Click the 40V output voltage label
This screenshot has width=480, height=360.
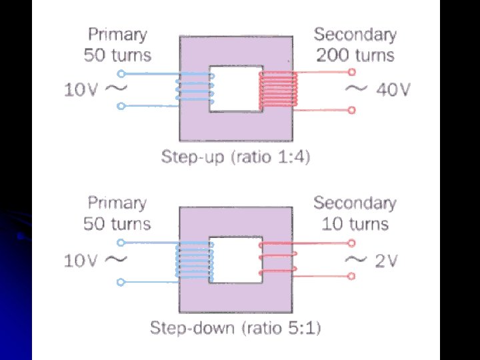[x=393, y=89]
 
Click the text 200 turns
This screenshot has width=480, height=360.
[x=355, y=55]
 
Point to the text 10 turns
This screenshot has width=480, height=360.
[x=355, y=224]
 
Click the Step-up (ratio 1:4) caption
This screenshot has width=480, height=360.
[x=236, y=158]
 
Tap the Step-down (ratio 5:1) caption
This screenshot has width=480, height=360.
[x=236, y=328]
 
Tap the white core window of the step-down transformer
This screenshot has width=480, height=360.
[x=235, y=259]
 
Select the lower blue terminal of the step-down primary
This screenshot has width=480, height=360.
[x=121, y=282]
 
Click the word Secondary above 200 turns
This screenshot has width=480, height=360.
[x=355, y=34]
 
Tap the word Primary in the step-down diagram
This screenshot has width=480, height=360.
[x=117, y=203]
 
